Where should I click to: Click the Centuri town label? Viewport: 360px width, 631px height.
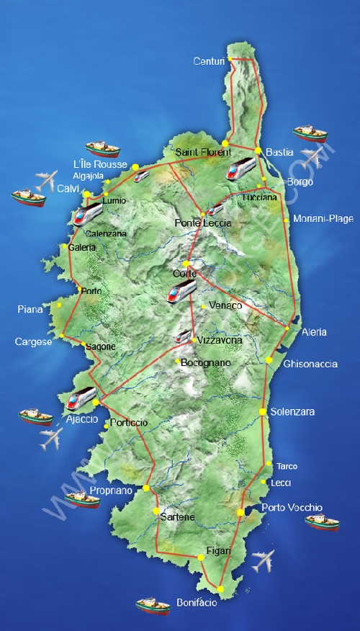pos(210,61)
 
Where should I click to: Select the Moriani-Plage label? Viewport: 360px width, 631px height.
pos(323,218)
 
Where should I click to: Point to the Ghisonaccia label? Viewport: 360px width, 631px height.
pos(310,364)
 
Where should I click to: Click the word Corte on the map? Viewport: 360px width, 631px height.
pos(184,274)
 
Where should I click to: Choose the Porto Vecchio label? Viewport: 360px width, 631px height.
pos(292,507)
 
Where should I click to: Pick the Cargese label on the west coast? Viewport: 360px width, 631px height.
pos(33,341)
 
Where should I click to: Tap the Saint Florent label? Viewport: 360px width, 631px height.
pos(204,152)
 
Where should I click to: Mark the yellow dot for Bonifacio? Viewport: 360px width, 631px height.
pos(221,589)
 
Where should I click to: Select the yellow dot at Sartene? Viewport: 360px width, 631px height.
pos(156,511)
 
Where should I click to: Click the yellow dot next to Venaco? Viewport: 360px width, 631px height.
pos(204,307)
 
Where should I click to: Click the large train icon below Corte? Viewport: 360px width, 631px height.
pos(181,290)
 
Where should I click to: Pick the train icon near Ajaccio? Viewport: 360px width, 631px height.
pos(81,397)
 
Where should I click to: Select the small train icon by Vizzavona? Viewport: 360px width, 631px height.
pos(184,336)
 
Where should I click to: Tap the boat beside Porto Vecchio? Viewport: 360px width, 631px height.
pos(321,522)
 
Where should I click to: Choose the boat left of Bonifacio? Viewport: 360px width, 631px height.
pos(153,605)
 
